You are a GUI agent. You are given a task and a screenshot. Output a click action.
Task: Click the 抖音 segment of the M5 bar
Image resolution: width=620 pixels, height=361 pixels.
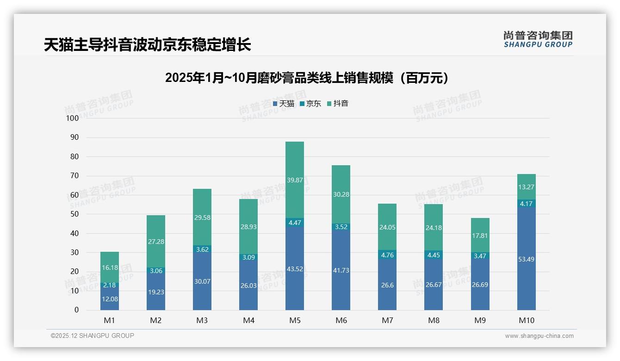[x=295, y=180]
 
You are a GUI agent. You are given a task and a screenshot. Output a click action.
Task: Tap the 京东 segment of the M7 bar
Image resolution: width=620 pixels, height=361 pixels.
[x=387, y=255]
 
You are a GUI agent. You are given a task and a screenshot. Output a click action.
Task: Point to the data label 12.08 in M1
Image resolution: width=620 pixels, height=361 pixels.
[x=110, y=299]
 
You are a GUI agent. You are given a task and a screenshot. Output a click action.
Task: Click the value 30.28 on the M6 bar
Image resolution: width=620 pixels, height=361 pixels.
[x=341, y=194]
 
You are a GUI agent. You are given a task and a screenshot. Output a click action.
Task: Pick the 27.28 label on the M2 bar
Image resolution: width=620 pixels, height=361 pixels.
[x=156, y=242]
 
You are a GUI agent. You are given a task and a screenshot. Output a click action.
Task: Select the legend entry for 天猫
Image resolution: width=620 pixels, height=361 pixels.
[x=284, y=104]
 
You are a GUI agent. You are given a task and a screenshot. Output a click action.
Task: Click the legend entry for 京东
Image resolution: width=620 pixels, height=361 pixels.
[x=310, y=104]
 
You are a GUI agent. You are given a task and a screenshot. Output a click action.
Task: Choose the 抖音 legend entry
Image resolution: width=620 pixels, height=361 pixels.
[x=338, y=104]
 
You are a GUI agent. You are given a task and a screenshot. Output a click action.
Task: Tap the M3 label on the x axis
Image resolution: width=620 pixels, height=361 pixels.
[x=202, y=320]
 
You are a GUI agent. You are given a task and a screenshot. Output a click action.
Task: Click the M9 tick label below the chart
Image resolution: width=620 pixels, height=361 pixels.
[x=480, y=320]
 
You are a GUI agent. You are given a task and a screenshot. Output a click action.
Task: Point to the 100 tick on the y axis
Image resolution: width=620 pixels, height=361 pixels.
[x=73, y=118]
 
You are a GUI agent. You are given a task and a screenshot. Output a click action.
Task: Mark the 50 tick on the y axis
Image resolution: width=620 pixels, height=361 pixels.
[x=74, y=214]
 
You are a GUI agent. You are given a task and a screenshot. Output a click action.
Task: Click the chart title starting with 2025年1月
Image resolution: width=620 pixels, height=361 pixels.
[x=307, y=78]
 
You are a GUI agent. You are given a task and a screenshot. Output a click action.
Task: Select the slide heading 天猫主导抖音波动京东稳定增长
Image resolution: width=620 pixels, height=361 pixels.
[x=147, y=45]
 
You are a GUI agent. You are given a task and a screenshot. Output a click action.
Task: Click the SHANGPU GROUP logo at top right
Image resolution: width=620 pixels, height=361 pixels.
[x=538, y=39]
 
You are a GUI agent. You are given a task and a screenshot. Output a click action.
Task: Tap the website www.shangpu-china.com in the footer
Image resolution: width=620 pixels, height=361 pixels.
[x=539, y=336]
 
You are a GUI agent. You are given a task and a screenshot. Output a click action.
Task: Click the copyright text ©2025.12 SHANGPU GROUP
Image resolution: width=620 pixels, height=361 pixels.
[x=93, y=336]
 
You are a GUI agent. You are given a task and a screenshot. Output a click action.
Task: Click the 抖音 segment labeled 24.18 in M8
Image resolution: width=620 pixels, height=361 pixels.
[x=434, y=227]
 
